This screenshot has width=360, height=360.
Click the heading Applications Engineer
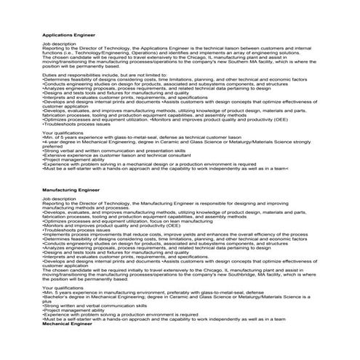tap(69, 34)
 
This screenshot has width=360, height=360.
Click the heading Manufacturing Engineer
tap(71, 188)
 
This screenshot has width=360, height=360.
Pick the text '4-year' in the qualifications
tap(52, 141)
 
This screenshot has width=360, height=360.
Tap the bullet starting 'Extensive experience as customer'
tap(109, 154)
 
